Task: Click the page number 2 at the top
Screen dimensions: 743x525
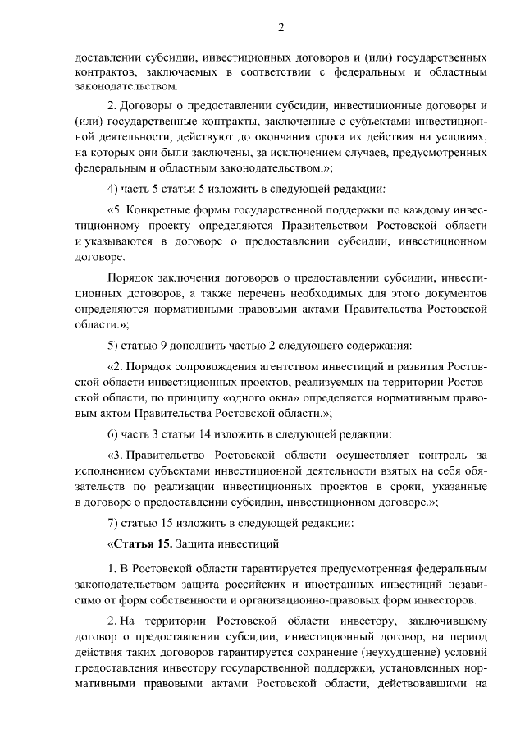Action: (281, 26)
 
